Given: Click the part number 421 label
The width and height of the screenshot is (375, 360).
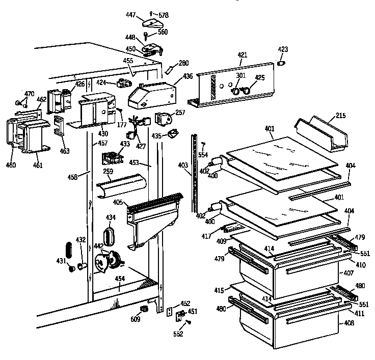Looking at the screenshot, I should pos(242,54).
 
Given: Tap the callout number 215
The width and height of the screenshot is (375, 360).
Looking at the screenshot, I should pos(340,116).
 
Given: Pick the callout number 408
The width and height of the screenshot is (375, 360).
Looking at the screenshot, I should pos(348,323).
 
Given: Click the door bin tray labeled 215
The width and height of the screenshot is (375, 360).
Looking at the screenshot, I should pos(322,133).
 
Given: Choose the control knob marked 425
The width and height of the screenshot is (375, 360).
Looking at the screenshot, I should pos(247,91).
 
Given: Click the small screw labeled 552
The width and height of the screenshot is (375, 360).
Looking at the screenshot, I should pos(189,322).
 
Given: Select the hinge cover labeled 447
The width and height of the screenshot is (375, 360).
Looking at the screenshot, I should pos(151,21).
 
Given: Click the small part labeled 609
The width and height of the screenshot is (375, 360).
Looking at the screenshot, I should pos(144,309).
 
